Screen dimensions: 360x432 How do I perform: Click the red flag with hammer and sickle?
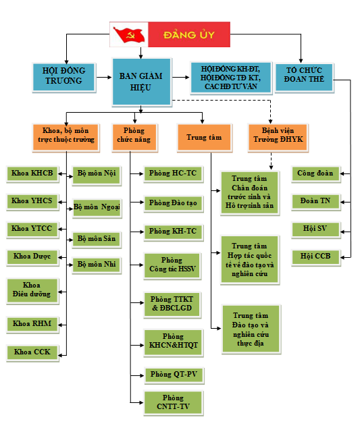(129, 34)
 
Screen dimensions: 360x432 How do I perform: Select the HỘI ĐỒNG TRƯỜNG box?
(64, 78)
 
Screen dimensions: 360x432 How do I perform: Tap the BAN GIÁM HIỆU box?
(141, 82)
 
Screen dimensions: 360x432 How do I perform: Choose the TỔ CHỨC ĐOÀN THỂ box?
(304, 78)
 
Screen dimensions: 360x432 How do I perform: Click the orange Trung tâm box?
(204, 138)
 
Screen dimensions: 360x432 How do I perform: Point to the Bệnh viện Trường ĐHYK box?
(278, 137)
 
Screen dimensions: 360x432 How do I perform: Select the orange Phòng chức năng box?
(134, 138)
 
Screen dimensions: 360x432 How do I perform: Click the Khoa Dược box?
(32, 257)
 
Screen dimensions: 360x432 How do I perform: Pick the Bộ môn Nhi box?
(97, 265)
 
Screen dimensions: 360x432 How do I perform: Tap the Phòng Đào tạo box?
(173, 203)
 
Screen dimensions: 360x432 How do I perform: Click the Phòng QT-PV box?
(174, 375)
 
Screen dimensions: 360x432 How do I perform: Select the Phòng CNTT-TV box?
(174, 402)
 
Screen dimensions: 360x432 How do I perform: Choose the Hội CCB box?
(315, 257)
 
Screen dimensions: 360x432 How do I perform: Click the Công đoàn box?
(315, 174)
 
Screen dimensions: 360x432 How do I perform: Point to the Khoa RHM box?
(32, 325)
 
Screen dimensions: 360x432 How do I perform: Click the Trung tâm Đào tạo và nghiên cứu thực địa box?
(251, 329)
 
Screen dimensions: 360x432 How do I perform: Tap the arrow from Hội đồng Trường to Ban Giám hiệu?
(104, 78)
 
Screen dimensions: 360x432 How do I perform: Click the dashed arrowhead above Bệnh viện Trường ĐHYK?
(270, 122)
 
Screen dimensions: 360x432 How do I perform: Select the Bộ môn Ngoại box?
(97, 208)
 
